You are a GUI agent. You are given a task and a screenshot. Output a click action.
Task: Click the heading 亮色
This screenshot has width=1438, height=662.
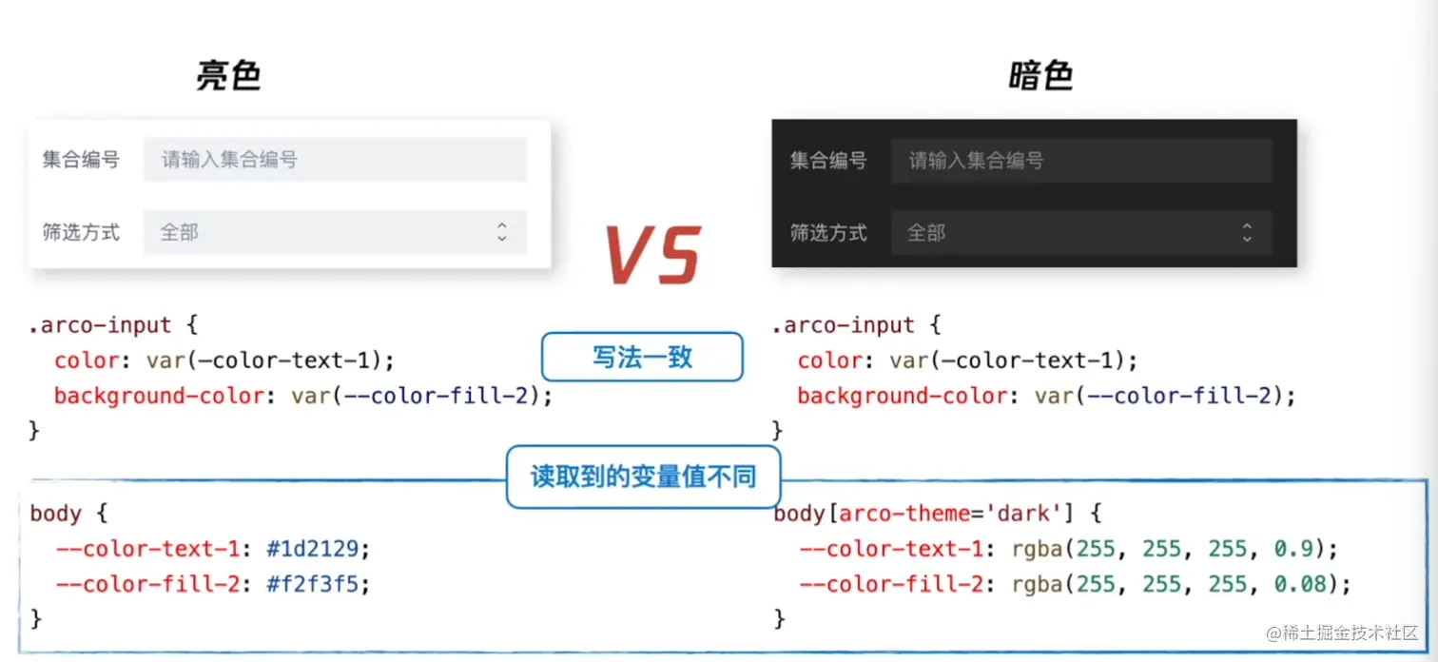[x=228, y=76]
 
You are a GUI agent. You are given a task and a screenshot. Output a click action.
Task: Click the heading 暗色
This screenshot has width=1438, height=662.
[x=1040, y=76]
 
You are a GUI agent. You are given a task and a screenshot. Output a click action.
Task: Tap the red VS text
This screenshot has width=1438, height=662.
[x=653, y=255]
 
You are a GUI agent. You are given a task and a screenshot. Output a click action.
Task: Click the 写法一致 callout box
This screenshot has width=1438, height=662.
[x=642, y=358]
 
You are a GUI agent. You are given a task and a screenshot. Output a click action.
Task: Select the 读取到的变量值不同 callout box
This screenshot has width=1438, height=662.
[x=643, y=476]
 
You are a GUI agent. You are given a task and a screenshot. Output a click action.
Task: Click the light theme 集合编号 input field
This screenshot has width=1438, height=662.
[x=335, y=159]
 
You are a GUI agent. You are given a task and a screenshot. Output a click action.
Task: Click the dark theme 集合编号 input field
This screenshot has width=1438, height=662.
[x=1080, y=160]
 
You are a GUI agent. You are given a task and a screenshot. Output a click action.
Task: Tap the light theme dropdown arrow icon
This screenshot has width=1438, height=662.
[x=502, y=232]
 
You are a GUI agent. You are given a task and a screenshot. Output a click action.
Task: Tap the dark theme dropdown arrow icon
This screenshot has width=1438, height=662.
[x=1247, y=232]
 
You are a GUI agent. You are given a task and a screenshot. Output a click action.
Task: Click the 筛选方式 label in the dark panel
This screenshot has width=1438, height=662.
[x=828, y=232]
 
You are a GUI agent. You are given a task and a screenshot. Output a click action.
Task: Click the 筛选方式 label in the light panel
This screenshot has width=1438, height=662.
[x=81, y=232]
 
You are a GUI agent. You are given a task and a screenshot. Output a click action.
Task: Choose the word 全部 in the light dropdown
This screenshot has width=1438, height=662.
[x=180, y=232]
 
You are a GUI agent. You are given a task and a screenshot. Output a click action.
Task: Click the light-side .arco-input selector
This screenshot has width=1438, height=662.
[x=100, y=325]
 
